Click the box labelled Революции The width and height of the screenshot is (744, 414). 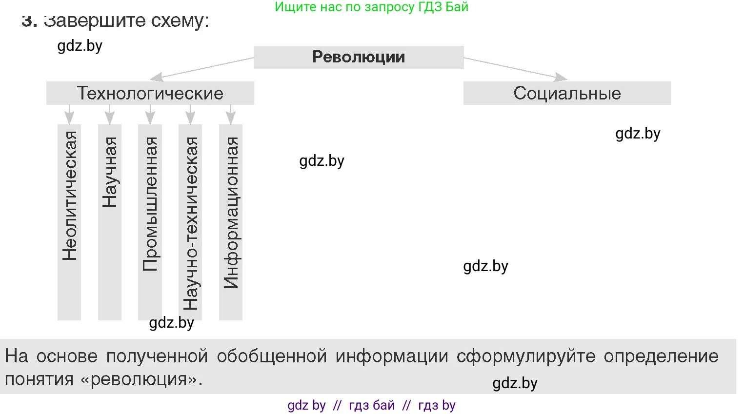click(359, 58)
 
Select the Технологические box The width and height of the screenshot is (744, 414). click(150, 93)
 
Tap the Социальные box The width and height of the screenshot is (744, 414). click(567, 93)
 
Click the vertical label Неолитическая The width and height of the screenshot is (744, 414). click(69, 196)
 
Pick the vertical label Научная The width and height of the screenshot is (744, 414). click(110, 172)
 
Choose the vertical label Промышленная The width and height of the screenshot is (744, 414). click(150, 204)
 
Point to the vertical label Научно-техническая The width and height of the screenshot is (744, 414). click(190, 223)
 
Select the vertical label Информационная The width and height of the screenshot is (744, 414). click(231, 213)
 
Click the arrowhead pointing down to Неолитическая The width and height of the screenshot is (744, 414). click(69, 118)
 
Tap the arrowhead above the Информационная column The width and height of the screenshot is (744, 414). click(231, 118)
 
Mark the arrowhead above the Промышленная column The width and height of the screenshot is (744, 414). click(150, 118)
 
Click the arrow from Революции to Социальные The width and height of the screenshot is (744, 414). click(516, 69)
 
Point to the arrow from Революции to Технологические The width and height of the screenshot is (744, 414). click(202, 69)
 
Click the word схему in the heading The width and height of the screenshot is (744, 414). click(178, 21)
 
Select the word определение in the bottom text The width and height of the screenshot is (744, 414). click(661, 356)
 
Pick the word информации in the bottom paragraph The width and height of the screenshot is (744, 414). click(392, 356)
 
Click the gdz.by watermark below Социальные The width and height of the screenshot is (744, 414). click(638, 134)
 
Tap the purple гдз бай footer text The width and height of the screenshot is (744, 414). click(372, 405)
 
